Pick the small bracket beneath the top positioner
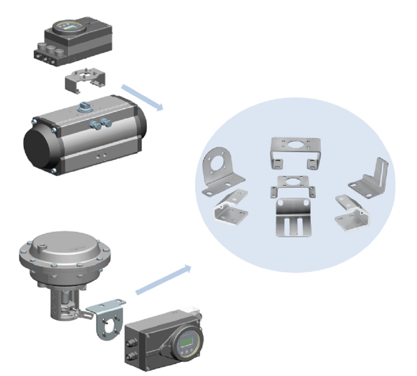tap(85, 79)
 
